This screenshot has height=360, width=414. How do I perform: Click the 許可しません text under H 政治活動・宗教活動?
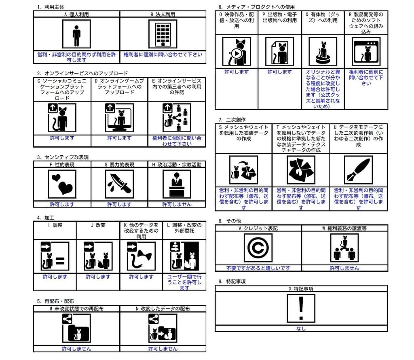coord(177,204)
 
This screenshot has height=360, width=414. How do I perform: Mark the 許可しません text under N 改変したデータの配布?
coord(163,349)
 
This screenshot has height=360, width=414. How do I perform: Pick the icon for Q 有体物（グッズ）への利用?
coord(323,51)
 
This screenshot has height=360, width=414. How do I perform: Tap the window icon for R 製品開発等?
coord(366,51)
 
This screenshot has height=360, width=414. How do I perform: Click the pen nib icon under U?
coord(358,170)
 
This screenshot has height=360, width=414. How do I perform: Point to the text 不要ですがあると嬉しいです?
coord(258,268)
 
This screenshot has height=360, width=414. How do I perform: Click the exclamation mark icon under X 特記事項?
coord(301,308)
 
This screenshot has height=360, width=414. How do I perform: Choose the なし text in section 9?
coord(301,329)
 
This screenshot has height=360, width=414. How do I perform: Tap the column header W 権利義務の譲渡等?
coord(344,229)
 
